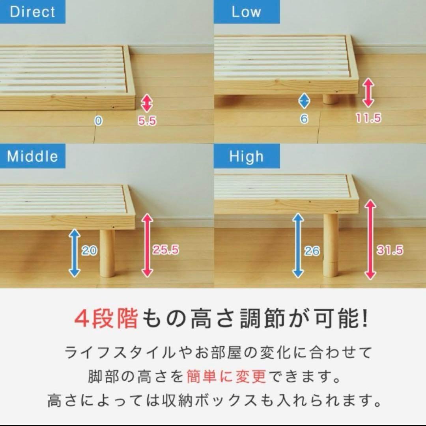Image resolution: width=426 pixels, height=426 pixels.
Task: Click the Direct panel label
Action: coord(32,12)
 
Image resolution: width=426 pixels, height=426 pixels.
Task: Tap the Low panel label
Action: coord(246,12)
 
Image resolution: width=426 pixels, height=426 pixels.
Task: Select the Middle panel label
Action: coord(32,157)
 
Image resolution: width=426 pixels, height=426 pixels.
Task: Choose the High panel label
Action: coord(246,157)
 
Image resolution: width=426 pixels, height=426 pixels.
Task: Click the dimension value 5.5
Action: coord(147,121)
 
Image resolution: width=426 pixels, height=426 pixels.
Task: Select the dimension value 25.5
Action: coord(166,250)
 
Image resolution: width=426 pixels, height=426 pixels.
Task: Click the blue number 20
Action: coord(89,250)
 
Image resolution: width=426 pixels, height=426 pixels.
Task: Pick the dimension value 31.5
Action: coord(390,250)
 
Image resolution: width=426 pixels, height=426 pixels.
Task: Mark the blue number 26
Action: coord(312,251)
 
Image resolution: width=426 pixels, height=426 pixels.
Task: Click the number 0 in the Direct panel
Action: coord(98,121)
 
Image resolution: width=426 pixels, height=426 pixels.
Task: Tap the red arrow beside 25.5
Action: coord(147,245)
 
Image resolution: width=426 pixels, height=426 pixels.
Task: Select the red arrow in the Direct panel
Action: coord(147,103)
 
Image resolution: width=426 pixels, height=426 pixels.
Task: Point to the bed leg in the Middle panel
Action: coord(107,252)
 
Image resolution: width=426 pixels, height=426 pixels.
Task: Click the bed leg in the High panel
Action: coord(331,245)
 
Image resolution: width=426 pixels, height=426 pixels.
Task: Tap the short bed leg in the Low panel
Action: coord(331,99)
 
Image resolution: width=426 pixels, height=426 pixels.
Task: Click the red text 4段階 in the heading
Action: coord(106,320)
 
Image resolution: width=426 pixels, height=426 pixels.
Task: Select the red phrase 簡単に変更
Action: coord(226,377)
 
